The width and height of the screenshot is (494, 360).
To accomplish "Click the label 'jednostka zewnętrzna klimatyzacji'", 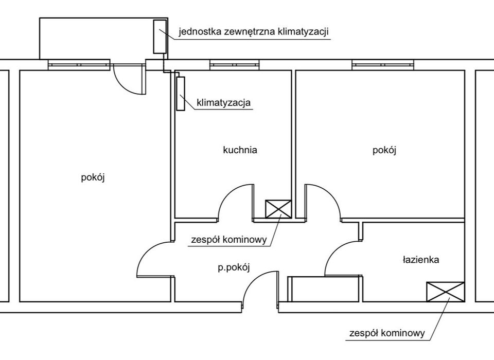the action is click(x=254, y=32).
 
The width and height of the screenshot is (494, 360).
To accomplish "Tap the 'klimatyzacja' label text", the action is click(x=224, y=103).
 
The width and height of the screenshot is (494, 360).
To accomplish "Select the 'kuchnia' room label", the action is click(x=240, y=150).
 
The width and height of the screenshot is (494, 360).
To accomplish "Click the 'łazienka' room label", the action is click(x=421, y=260).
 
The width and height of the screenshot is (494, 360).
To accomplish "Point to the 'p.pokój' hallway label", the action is click(x=234, y=268).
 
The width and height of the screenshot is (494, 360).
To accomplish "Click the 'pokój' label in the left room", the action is click(x=93, y=177).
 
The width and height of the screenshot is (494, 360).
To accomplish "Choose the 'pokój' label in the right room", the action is click(x=384, y=150).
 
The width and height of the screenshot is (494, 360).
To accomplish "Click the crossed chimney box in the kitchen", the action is click(x=278, y=209).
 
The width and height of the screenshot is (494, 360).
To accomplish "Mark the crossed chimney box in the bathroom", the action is click(x=446, y=292).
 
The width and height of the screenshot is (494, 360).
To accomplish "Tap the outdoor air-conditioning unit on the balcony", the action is click(x=160, y=37).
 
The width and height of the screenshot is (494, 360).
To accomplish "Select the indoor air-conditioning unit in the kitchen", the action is click(x=181, y=94).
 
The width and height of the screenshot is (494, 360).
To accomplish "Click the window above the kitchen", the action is click(x=235, y=65).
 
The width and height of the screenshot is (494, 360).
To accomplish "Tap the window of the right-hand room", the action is click(x=382, y=65).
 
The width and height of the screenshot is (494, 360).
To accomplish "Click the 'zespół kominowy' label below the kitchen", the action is click(x=229, y=240).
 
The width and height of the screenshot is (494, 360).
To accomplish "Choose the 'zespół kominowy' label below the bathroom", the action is click(x=387, y=333).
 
